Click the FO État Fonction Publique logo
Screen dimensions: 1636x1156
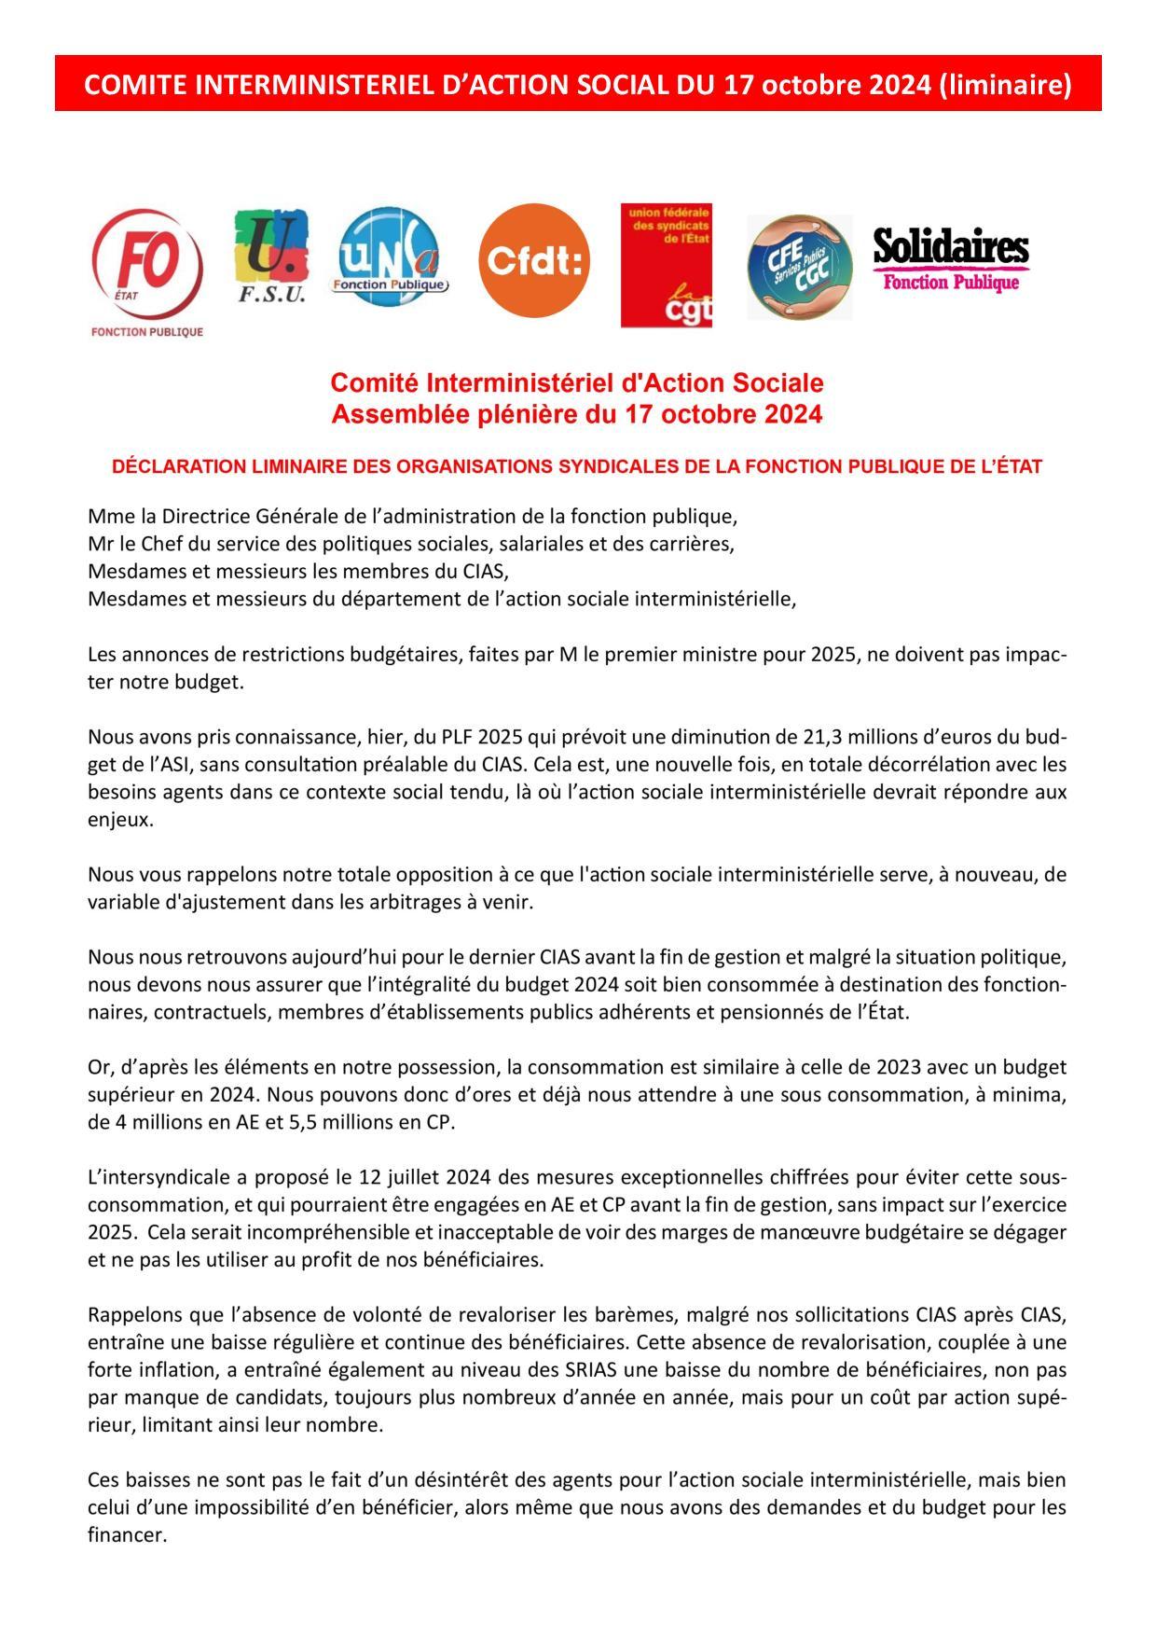pyautogui.click(x=146, y=270)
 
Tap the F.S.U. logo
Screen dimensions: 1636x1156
pyautogui.click(x=270, y=255)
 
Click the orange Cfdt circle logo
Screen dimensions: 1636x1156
pyautogui.click(x=534, y=261)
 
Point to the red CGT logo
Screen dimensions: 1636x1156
pyautogui.click(x=667, y=266)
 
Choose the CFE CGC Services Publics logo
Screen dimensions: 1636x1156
pyautogui.click(x=799, y=267)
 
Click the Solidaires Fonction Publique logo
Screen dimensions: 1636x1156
pyautogui.click(x=951, y=260)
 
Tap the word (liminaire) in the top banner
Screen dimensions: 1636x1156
pyautogui.click(x=1005, y=85)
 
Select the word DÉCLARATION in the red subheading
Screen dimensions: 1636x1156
pyautogui.click(x=179, y=466)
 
